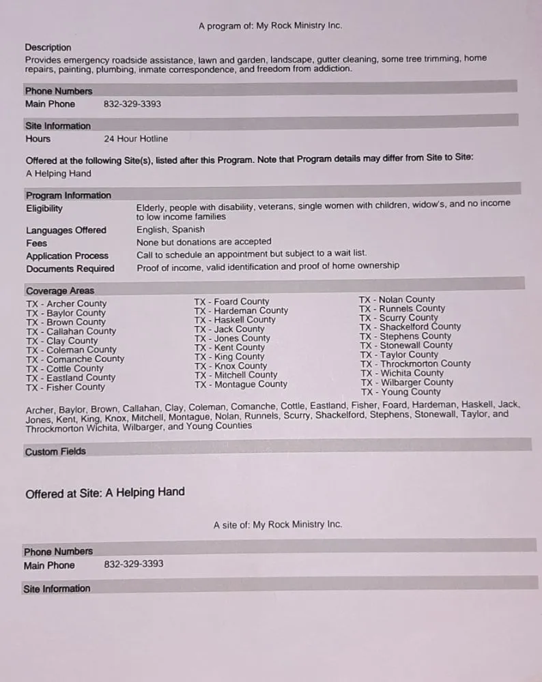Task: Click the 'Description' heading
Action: pos(48,48)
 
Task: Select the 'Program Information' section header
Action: pos(68,196)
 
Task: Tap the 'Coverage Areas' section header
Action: pos(60,291)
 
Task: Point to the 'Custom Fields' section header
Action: pos(55,451)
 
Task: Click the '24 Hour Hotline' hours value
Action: pos(136,139)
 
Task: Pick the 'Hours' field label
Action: pos(38,139)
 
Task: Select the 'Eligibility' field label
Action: pos(44,209)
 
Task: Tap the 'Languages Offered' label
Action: pos(66,231)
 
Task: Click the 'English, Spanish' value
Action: pos(171,230)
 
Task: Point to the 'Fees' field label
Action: pos(37,243)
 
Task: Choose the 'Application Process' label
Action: pos(68,256)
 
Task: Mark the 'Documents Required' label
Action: pos(70,269)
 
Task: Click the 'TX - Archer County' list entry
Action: pos(66,303)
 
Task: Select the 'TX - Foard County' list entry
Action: pos(231,301)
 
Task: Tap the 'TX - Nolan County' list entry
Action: pos(397,299)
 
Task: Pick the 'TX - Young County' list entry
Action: pos(401,392)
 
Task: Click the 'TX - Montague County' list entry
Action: pos(241,385)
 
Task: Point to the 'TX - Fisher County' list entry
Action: pos(66,387)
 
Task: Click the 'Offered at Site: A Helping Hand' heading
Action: pos(105,492)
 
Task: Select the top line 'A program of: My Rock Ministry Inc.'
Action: pos(270,26)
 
